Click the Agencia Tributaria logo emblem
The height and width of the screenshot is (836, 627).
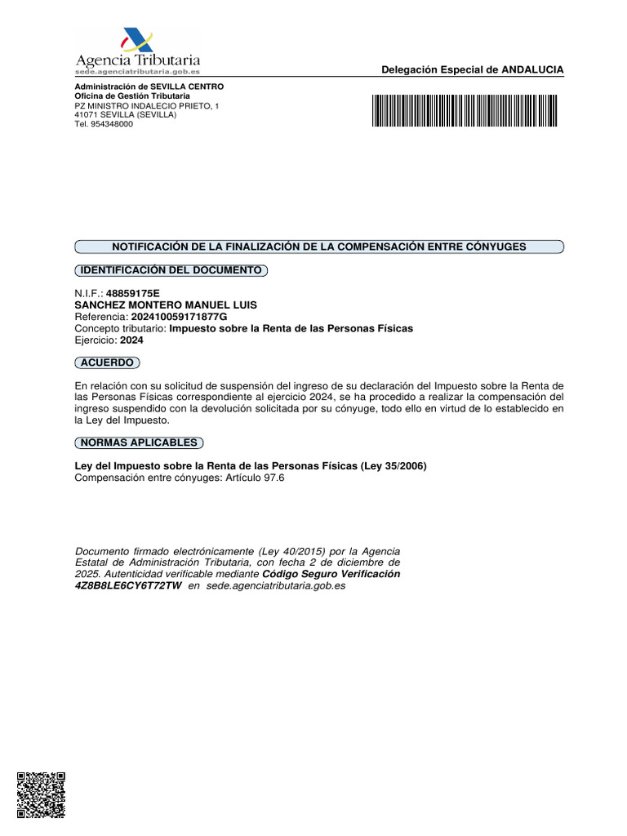point(136,41)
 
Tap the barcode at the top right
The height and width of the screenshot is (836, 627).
point(465,110)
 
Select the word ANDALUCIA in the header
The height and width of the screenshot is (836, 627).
point(532,70)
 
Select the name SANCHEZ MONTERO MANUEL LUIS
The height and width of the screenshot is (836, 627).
point(166,305)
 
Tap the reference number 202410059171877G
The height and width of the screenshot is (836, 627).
point(179,317)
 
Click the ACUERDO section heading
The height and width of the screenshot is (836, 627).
point(107,362)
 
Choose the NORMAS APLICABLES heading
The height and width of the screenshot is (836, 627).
point(139,442)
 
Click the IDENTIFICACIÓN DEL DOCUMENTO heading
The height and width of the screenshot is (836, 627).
point(171,269)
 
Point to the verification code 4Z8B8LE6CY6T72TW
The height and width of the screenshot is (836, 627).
point(127,586)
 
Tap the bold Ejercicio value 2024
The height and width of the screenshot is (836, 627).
point(131,340)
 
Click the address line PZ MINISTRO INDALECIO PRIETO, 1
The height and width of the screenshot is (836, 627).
point(147,106)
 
